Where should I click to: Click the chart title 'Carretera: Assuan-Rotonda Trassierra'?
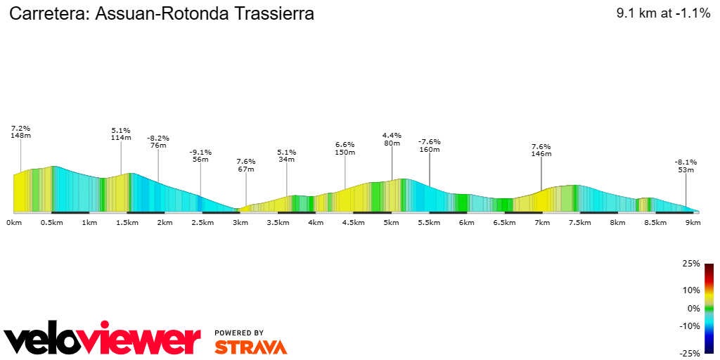point(161,13)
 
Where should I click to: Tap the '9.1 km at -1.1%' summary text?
point(663,13)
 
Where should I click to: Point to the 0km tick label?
point(14,223)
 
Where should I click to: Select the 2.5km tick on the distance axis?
point(202,223)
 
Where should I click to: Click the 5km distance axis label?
point(391,223)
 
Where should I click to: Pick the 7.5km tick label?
point(579,223)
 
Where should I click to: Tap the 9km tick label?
point(693,223)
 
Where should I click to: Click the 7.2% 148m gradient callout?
point(20,132)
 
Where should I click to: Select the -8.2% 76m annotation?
point(158,142)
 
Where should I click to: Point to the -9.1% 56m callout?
point(200,156)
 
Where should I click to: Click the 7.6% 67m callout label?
point(246,165)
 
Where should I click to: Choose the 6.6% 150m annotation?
point(345,148)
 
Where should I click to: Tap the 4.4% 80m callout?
point(392,139)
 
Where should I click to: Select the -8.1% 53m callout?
point(686,166)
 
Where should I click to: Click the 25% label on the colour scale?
point(692,264)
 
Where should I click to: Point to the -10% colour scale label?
point(690,326)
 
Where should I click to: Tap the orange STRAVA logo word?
point(250,347)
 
